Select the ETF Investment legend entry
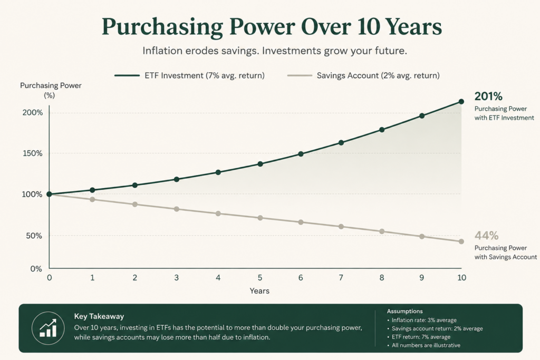point(190,75)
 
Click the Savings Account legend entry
point(363,75)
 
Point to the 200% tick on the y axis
point(33,113)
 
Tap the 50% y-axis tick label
point(34,236)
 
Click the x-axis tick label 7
point(341,277)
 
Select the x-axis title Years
point(259,291)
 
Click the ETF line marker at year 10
point(461,102)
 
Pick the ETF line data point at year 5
point(260,164)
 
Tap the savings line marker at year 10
point(461,241)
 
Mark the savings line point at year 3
point(177,209)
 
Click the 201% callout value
point(488,96)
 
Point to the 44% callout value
point(486,236)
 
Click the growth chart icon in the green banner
point(48,328)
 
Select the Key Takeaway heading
point(99,316)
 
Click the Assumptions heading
point(404,311)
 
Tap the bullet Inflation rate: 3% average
point(422,320)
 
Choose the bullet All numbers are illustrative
point(423,345)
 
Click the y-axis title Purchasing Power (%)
point(51,90)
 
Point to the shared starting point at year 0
point(49,194)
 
